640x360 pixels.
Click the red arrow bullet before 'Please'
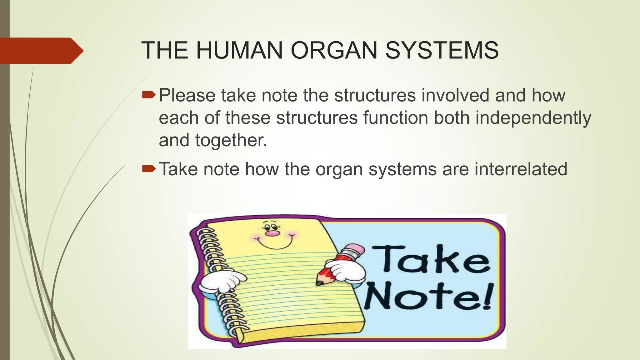point(148,95)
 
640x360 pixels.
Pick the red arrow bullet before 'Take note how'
point(148,169)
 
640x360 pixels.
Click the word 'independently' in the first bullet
point(533,118)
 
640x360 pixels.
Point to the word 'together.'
point(231,140)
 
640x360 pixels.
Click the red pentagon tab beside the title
point(41,51)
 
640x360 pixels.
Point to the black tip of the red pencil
point(319,283)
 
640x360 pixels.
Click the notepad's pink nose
point(272,233)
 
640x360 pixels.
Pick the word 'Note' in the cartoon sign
point(419,296)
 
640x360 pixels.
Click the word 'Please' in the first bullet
point(187,95)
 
